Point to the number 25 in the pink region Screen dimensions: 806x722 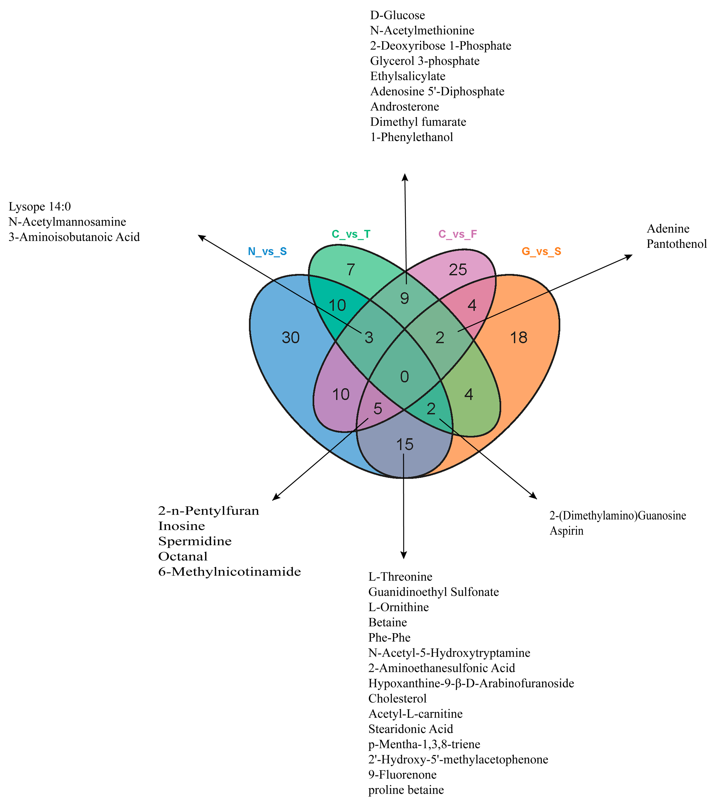tap(458, 270)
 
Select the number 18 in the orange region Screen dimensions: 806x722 tap(519, 338)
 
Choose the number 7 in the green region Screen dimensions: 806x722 tap(351, 270)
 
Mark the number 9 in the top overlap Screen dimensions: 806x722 tap(404, 298)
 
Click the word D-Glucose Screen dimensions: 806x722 tap(397, 16)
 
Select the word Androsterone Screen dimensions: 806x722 tap(405, 107)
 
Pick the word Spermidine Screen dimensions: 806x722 tap(195, 541)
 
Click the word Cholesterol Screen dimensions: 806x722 tap(397, 698)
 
